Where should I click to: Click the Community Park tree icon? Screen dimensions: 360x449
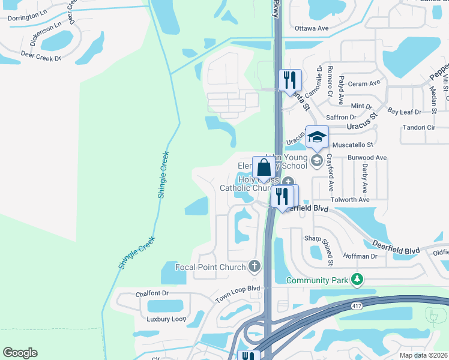(358, 280)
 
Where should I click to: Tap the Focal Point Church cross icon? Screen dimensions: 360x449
(255, 266)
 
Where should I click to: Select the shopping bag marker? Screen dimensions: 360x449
(264, 169)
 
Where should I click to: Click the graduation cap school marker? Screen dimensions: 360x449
(317, 138)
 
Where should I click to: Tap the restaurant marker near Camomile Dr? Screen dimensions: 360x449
(290, 80)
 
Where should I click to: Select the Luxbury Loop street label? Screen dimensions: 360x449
(167, 319)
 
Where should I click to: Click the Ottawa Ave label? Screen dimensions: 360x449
(312, 28)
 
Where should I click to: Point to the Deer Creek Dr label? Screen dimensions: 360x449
(41, 58)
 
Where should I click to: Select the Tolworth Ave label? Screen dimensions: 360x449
(350, 200)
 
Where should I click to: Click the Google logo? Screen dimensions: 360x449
(20, 353)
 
